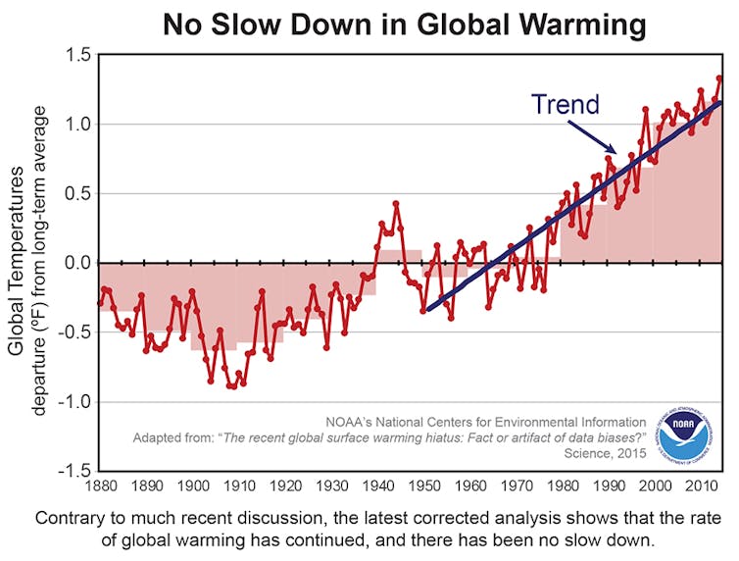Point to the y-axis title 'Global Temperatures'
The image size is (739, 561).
pyautogui.click(x=17, y=262)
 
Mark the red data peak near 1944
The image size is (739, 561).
pyautogui.click(x=396, y=204)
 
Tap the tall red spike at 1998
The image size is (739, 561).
pyautogui.click(x=645, y=109)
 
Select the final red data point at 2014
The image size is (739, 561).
pyautogui.click(x=718, y=77)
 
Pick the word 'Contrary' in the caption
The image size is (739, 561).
pyautogui.click(x=70, y=517)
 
